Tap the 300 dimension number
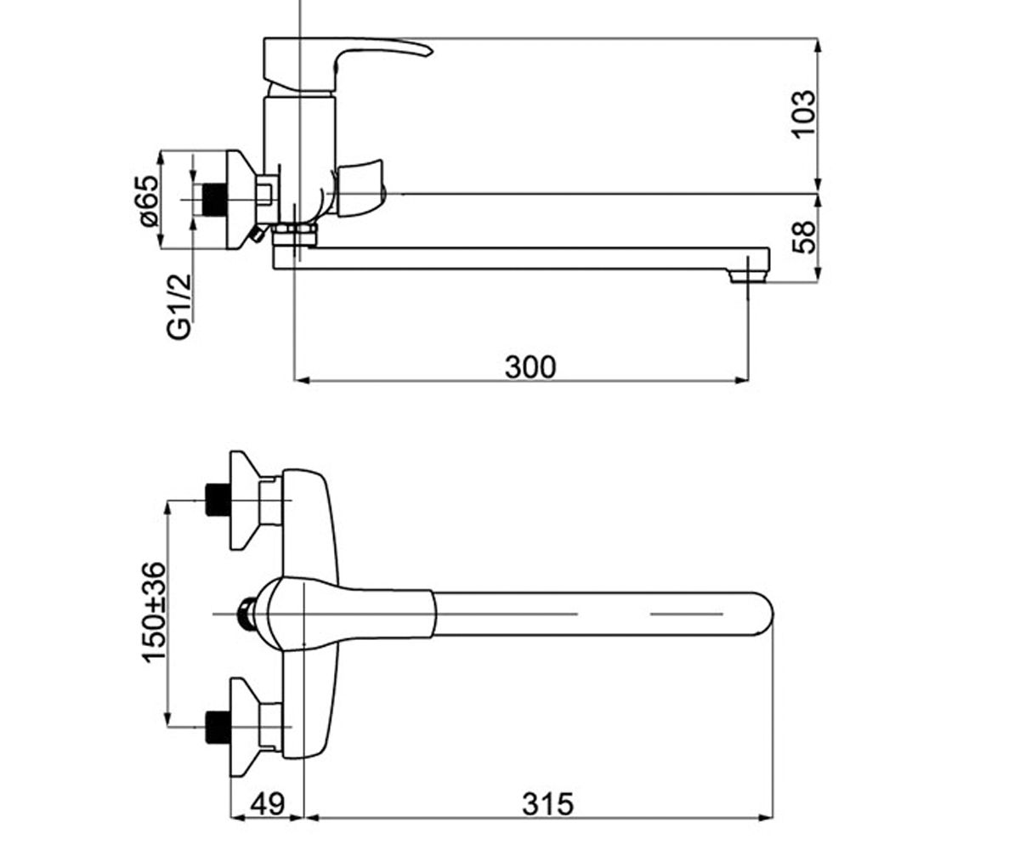[530, 367]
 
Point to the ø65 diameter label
[149, 201]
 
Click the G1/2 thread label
[178, 307]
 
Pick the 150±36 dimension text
[154, 612]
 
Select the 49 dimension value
[267, 804]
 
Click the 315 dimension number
[547, 804]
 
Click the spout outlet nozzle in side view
[747, 275]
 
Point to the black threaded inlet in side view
[214, 200]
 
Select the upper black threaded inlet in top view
[218, 500]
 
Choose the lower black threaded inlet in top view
[218, 727]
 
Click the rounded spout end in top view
[763, 614]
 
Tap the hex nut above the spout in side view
[295, 234]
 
